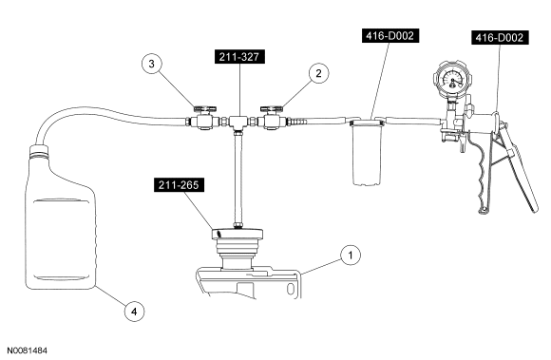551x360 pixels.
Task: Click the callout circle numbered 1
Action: (350, 255)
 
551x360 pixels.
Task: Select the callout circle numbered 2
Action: (318, 73)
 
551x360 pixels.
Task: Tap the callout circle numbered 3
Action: (151, 64)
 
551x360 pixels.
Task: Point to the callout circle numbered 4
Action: (134, 311)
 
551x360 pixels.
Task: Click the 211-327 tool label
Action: (239, 57)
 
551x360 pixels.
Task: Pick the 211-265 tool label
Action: (179, 184)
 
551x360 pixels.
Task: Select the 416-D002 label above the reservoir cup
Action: (390, 36)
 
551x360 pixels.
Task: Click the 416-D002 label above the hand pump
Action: (500, 38)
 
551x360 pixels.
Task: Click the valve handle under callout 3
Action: (204, 108)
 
